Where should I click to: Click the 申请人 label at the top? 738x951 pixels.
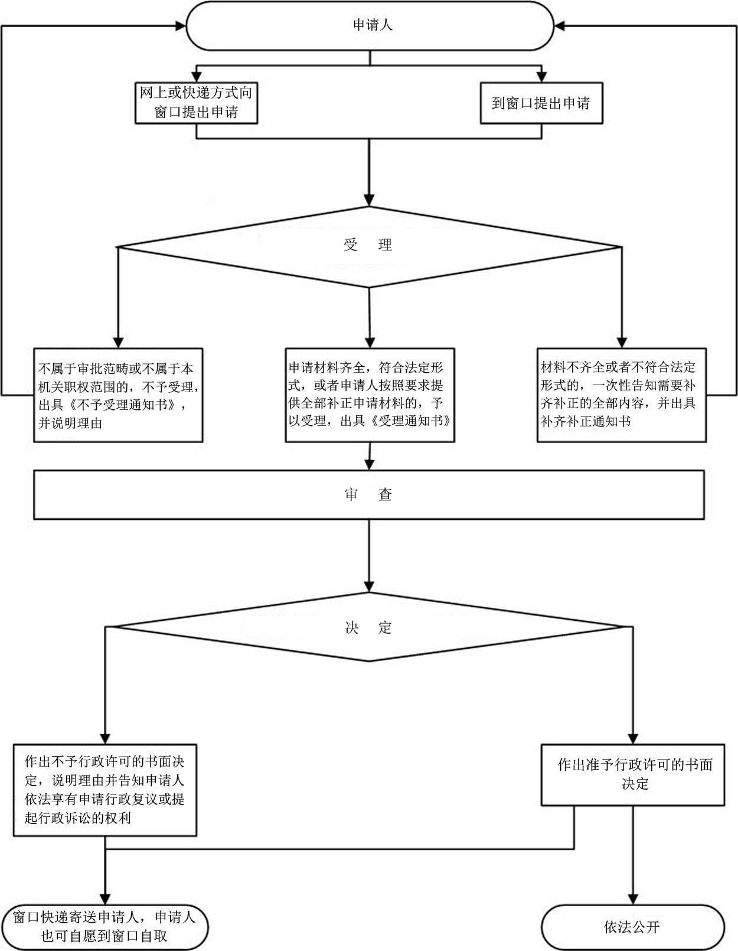[x=373, y=25]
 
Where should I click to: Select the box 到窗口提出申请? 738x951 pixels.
[x=541, y=103]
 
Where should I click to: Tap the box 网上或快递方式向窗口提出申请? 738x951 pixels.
[x=196, y=103]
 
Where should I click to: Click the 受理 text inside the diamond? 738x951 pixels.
[x=367, y=245]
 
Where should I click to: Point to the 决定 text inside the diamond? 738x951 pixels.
[x=368, y=627]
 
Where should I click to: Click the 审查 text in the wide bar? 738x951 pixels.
[x=368, y=494]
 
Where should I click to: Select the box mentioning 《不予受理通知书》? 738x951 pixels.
[x=118, y=395]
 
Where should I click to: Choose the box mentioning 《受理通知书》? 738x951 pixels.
[x=370, y=395]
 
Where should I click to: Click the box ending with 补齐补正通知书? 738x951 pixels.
[x=622, y=395]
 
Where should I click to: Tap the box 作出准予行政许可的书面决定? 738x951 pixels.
[x=632, y=775]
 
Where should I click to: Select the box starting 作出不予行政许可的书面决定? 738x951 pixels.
[x=105, y=790]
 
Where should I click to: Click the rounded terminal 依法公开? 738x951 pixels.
[x=632, y=927]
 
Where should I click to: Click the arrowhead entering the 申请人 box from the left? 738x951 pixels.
[x=181, y=26]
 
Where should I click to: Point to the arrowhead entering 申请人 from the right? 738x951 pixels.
[x=560, y=26]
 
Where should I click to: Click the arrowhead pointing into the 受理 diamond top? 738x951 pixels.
[x=369, y=200]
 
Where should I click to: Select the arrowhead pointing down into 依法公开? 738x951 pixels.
[x=632, y=899]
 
